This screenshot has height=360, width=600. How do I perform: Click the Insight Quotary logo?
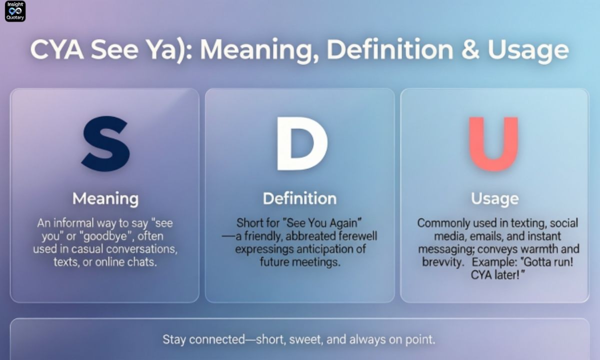15,11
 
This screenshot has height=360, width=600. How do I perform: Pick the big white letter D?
301,143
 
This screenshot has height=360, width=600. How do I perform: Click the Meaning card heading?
105,198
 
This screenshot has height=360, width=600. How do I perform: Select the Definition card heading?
299,198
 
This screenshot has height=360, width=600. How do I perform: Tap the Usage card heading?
494,198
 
